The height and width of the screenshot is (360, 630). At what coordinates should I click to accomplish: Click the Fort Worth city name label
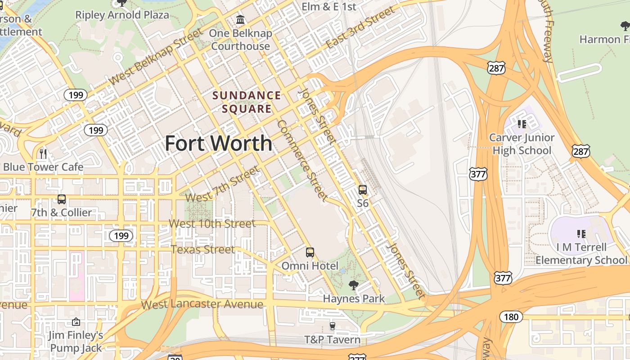point(218,144)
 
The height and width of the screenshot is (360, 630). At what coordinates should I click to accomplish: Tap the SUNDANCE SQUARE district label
point(247,102)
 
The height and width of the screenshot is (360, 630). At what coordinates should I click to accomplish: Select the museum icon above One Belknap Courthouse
point(240,20)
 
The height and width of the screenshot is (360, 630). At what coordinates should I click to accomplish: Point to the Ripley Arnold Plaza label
point(122,15)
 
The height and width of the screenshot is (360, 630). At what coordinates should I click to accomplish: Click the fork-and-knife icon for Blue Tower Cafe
point(43,153)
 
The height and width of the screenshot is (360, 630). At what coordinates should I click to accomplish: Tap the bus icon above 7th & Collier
point(62,199)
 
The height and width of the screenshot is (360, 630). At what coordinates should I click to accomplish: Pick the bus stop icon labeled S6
point(363,190)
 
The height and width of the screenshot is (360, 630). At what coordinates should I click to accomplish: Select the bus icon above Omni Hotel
point(310,252)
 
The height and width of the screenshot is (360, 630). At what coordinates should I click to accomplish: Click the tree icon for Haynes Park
point(354,285)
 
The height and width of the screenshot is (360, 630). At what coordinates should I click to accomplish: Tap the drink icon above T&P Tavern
point(332,326)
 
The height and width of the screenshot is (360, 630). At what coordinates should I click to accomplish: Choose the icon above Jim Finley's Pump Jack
point(76,322)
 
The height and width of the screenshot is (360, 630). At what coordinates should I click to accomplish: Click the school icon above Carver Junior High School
point(522,124)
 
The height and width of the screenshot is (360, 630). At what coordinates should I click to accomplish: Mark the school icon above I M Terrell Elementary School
point(581,234)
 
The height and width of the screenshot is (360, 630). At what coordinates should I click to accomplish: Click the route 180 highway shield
point(511,317)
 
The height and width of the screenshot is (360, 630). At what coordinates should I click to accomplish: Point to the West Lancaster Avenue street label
point(202,305)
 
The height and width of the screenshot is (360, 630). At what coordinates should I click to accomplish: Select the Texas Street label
point(202,249)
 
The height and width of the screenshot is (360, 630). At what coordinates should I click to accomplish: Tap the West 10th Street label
point(212,223)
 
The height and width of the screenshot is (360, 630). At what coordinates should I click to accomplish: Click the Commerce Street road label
point(301,160)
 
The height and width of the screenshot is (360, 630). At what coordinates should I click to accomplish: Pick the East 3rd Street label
point(360,28)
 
